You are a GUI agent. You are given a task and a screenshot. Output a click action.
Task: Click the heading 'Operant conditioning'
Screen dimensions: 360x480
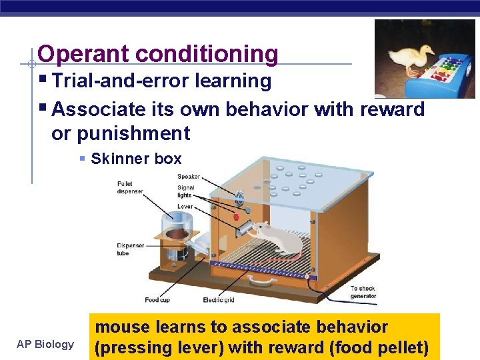[158, 53]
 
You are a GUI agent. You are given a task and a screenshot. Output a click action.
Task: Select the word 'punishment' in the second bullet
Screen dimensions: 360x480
[133, 133]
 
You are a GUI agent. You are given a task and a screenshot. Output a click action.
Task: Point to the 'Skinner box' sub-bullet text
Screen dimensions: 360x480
[136, 159]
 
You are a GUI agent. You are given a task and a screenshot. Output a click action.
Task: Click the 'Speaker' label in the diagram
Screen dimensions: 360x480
[189, 177]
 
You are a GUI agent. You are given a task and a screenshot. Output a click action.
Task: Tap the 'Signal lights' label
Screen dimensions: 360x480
[185, 191]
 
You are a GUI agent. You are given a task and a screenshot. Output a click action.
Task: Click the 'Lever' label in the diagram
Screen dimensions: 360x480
[185, 207]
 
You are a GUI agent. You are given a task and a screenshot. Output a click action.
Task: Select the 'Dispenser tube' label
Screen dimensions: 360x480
[131, 249]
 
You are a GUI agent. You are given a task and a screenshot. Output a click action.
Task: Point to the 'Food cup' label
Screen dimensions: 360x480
[157, 300]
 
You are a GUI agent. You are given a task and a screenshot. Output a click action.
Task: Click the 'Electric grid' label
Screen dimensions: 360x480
[218, 300]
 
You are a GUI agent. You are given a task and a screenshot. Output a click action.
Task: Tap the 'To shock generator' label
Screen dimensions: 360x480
[363, 293]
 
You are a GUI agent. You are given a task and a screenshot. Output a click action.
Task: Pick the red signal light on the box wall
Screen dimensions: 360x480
[236, 217]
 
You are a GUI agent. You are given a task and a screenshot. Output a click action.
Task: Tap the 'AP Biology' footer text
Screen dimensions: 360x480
[45, 344]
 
